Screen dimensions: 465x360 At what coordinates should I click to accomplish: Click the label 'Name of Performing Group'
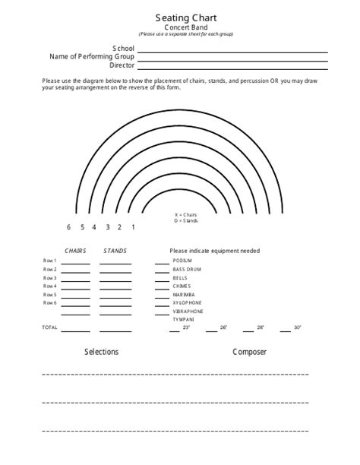pyautogui.click(x=92, y=57)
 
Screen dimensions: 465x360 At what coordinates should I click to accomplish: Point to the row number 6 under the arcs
pyautogui.click(x=68, y=227)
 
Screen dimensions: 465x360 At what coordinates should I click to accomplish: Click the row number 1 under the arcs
pyautogui.click(x=134, y=227)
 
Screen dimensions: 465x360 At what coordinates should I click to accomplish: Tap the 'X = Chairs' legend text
pyautogui.click(x=186, y=215)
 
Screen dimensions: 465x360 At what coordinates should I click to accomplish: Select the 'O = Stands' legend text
pyautogui.click(x=186, y=220)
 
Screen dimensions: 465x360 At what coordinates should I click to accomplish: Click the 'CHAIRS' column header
pyautogui.click(x=75, y=251)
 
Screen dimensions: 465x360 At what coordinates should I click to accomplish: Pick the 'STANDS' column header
pyautogui.click(x=115, y=251)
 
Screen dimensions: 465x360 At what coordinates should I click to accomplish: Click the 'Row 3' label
pyautogui.click(x=49, y=278)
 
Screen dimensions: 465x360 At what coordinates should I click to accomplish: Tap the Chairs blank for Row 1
pyautogui.click(x=75, y=263)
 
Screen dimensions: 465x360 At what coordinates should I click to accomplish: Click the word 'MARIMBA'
pyautogui.click(x=183, y=294)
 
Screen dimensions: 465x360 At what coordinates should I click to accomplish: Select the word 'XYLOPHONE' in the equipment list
pyautogui.click(x=186, y=302)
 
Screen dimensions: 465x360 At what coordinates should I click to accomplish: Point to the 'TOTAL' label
pyautogui.click(x=49, y=327)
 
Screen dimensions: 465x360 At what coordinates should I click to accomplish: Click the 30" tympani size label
pyautogui.click(x=297, y=327)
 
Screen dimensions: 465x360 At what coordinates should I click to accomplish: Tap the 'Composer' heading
pyautogui.click(x=249, y=353)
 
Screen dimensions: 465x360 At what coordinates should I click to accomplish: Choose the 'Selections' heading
pyautogui.click(x=101, y=353)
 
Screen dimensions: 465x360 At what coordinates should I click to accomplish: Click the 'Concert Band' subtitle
pyautogui.click(x=179, y=27)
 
